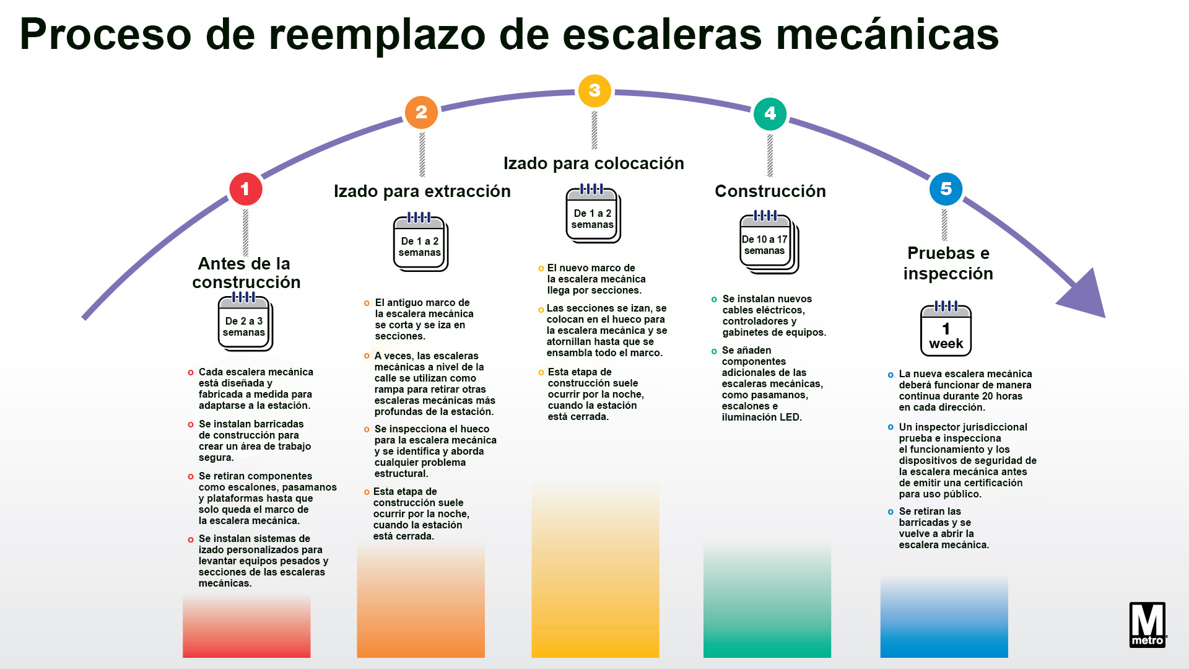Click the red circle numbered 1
tap(245, 189)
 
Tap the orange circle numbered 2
tap(421, 112)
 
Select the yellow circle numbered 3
tap(594, 90)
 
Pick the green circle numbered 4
tap(770, 113)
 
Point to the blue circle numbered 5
tap(946, 189)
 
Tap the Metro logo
tap(1148, 624)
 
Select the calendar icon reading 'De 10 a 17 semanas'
tap(769, 242)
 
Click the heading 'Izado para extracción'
tap(422, 191)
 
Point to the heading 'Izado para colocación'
tap(594, 164)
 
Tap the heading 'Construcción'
tap(770, 191)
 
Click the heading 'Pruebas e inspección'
tap(948, 263)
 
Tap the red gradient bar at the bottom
tap(246, 627)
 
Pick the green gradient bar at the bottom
tap(767, 599)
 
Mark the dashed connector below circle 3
tap(594, 129)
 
